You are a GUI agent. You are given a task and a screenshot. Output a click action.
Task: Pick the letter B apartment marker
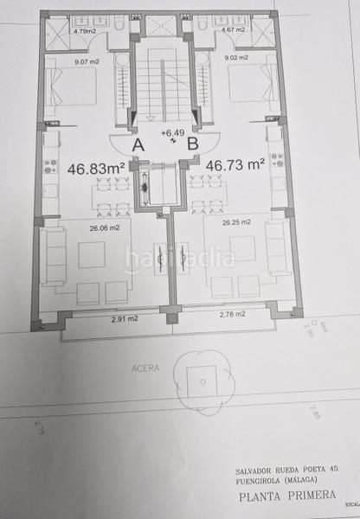193,144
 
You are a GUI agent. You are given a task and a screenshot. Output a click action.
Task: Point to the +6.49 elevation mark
170,132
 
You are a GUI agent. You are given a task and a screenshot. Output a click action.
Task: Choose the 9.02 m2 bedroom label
236,58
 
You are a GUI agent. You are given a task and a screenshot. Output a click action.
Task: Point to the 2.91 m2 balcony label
125,319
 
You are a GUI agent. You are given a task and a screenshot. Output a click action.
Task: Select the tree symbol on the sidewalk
202,375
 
